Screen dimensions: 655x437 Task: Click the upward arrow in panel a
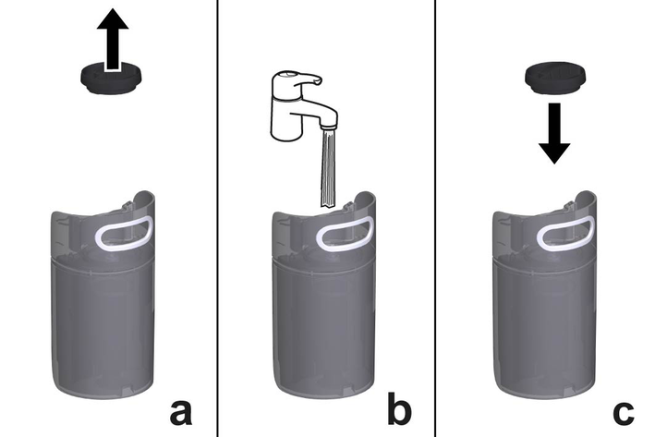(113, 40)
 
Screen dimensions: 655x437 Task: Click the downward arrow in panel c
(554, 133)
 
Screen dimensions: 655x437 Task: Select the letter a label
(181, 412)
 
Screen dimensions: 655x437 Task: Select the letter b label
(399, 407)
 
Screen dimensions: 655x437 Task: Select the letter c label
(624, 413)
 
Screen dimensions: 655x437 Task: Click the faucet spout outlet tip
(328, 126)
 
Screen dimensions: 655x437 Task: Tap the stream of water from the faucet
(328, 168)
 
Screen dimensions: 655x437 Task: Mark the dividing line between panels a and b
(218, 218)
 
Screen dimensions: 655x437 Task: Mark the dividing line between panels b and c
(435, 218)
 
